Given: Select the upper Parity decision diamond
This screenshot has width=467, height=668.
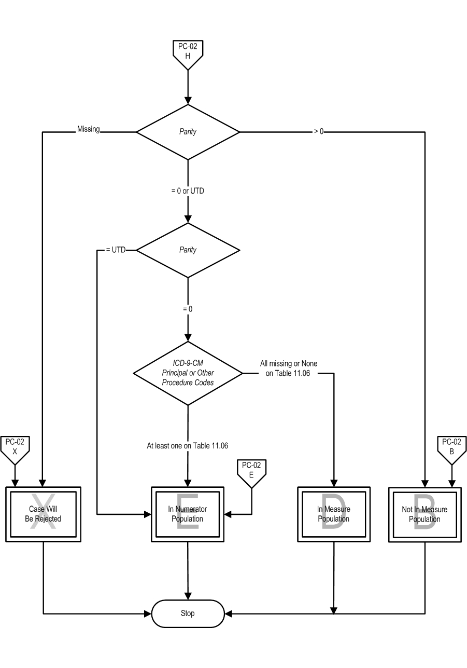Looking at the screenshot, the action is tap(188, 132).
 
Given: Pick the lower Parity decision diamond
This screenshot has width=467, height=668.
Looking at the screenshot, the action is tap(188, 250).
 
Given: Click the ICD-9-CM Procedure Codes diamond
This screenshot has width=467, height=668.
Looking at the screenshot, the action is tap(188, 373).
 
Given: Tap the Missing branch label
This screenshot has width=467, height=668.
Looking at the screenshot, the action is tap(89, 129).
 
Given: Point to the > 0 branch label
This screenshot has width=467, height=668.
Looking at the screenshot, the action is tap(319, 131).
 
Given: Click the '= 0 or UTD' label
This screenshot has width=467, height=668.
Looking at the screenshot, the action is tap(188, 191).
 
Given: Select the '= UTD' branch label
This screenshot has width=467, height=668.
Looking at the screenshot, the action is tap(116, 250).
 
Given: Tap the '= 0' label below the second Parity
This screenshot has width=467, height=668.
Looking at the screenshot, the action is tap(188, 309).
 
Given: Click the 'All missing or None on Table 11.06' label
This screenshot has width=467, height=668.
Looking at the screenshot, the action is tap(288, 369).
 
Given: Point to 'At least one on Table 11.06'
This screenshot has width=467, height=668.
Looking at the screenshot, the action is tap(187, 445).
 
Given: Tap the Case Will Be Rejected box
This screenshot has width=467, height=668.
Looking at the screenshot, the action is tap(43, 514).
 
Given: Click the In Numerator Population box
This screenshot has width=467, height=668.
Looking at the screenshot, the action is tap(188, 514).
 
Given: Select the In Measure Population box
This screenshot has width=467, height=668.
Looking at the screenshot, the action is tap(334, 514).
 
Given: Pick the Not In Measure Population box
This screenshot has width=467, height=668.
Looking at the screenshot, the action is tap(425, 514).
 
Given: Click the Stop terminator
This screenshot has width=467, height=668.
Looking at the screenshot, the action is tap(188, 614).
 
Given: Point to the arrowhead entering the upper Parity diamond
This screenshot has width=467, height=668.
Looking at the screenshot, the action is tap(188, 101).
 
